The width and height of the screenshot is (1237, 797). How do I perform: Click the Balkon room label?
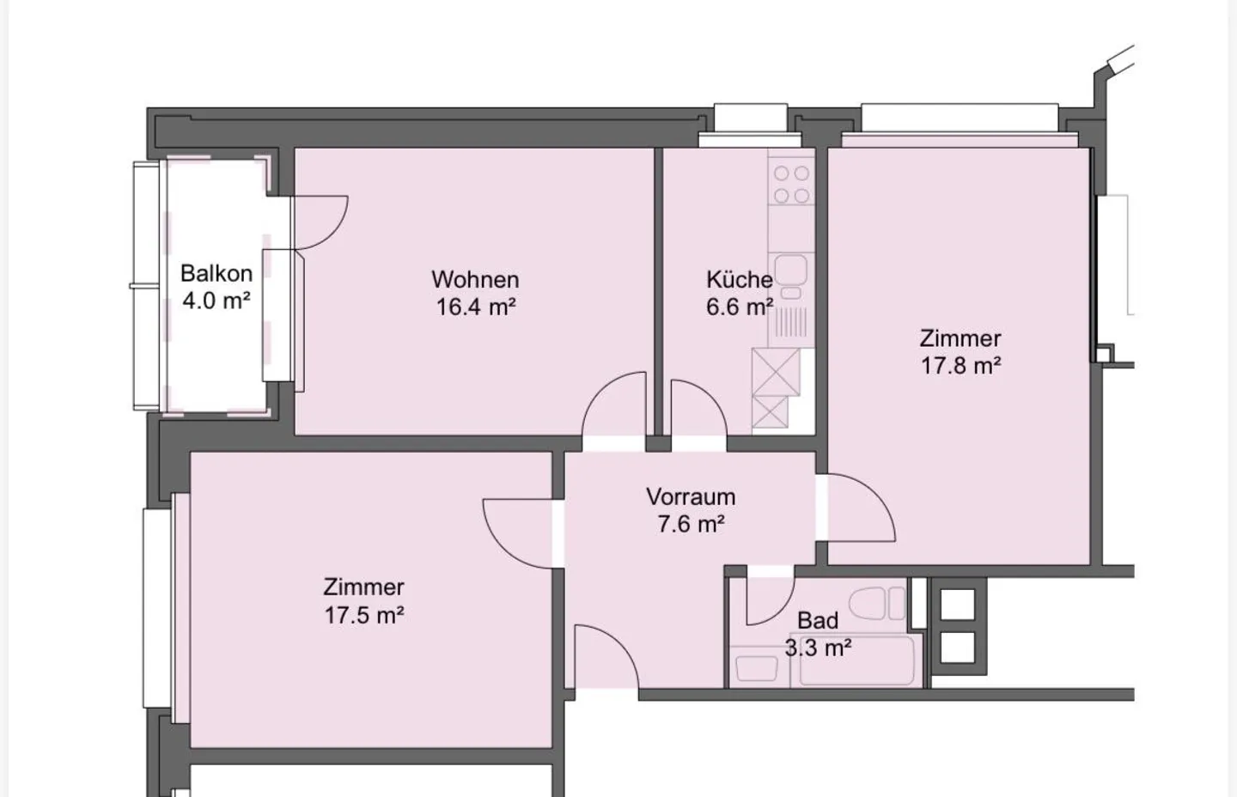click(216, 274)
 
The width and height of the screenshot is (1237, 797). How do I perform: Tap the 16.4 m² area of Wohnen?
click(476, 307)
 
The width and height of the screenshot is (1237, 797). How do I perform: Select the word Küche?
click(740, 279)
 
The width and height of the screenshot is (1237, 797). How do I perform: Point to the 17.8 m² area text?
click(961, 366)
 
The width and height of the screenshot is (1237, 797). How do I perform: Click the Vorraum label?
click(691, 496)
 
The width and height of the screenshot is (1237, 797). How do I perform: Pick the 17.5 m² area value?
click(364, 615)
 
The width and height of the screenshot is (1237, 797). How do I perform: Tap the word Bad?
click(817, 620)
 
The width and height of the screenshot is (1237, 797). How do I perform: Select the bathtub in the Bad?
click(856, 661)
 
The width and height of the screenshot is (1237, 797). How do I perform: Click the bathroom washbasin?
click(757, 668)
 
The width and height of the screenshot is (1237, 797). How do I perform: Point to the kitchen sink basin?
click(791, 269)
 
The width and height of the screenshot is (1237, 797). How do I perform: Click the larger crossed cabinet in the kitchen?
click(776, 372)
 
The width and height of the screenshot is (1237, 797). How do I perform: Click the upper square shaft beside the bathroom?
click(958, 604)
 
